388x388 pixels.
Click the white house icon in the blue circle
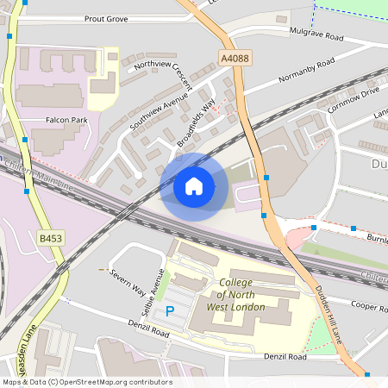click(194, 185)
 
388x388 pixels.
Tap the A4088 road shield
click(234, 59)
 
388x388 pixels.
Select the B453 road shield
click(51, 237)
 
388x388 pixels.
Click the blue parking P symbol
click(170, 310)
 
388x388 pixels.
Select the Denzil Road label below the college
click(285, 356)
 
